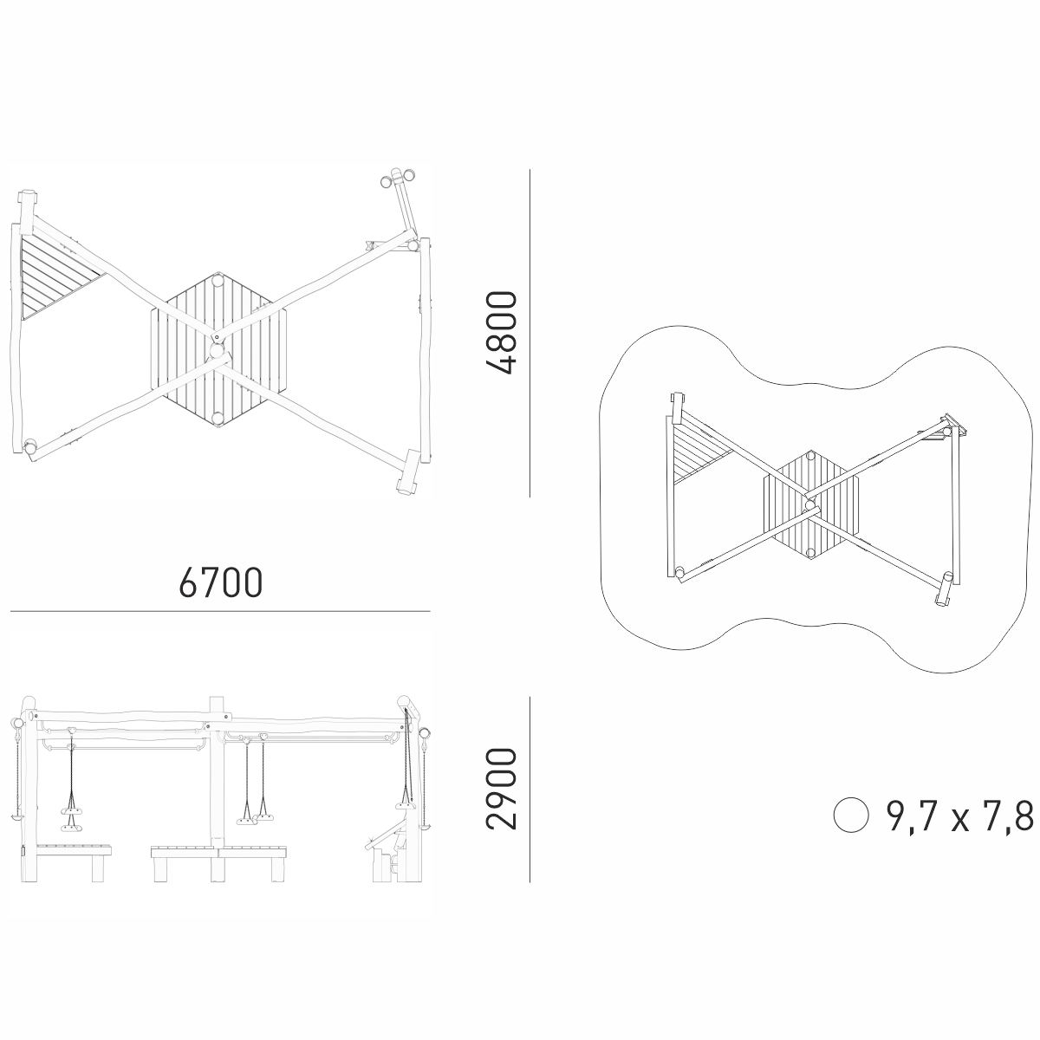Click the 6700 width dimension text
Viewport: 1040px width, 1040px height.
[221, 582]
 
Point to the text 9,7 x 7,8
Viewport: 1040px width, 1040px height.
[960, 816]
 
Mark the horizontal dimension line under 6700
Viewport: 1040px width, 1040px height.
[220, 612]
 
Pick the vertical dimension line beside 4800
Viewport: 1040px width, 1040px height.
[530, 333]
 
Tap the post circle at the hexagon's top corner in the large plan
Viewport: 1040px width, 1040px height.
[218, 281]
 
